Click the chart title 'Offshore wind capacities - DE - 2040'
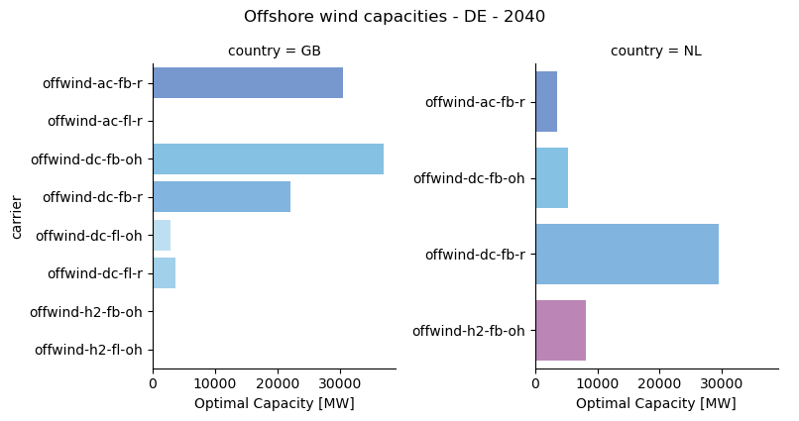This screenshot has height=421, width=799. pos(395,17)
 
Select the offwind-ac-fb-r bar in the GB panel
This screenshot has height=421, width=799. pos(248,83)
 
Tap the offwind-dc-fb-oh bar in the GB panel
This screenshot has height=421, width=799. pos(268,159)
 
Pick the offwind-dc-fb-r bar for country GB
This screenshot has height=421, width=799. pos(221,197)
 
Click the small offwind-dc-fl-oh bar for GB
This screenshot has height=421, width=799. pos(162,236)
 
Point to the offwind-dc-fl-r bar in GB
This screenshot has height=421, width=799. pos(164,273)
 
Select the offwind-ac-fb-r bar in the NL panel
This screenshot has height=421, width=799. pos(546,102)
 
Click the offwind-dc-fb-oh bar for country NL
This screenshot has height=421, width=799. pos(551,178)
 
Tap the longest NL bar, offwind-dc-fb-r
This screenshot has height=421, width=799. pos(627,255)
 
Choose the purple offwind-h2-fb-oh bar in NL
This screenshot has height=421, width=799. pos(560,331)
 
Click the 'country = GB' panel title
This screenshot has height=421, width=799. pos(274,52)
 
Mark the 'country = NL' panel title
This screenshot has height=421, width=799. pos(655,52)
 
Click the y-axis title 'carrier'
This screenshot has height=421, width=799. pos(17,217)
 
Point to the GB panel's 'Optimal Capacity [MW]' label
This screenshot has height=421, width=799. pos(274,404)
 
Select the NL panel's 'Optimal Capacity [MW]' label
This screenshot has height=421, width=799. pos(655,404)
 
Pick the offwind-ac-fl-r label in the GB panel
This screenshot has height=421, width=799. pos(94,122)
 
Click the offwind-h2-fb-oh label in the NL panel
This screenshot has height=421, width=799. pos(469,331)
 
